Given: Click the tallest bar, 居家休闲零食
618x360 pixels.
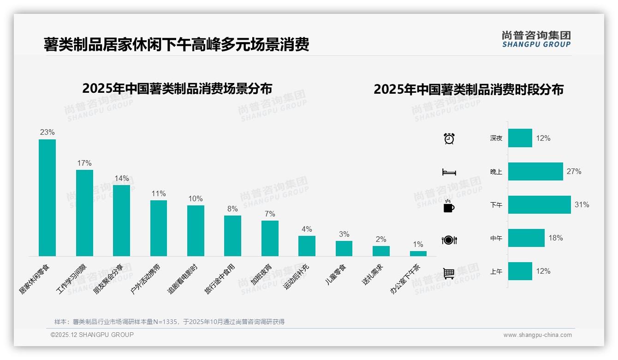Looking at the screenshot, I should (47, 198).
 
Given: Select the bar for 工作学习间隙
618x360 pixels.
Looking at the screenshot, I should (84, 213).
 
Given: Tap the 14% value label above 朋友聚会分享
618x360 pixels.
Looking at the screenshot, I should (121, 179).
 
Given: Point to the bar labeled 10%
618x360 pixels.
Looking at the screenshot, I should (196, 230).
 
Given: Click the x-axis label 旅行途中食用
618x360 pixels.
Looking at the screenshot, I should (220, 278).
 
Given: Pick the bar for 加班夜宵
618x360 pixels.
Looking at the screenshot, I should (270, 238).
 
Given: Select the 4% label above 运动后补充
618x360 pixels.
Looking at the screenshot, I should (307, 229).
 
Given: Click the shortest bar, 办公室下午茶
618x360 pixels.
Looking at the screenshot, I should (418, 253).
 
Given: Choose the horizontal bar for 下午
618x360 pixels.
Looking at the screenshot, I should (539, 204).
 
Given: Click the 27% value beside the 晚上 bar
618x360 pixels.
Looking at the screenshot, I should (574, 171).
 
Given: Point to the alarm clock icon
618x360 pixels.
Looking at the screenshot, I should (449, 138).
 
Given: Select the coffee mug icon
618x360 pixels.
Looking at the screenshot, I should (449, 206).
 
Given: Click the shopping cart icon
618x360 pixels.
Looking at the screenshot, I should (449, 273).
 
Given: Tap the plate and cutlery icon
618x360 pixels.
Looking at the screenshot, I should (449, 240).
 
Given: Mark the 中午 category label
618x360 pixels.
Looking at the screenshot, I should (496, 239).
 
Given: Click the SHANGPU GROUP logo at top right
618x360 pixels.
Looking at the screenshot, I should (536, 39).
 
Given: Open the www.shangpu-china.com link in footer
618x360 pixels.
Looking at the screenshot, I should (537, 335).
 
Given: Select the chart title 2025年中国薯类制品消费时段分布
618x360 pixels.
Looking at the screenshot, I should (469, 90).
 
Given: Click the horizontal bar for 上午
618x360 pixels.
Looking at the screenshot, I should (520, 271).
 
